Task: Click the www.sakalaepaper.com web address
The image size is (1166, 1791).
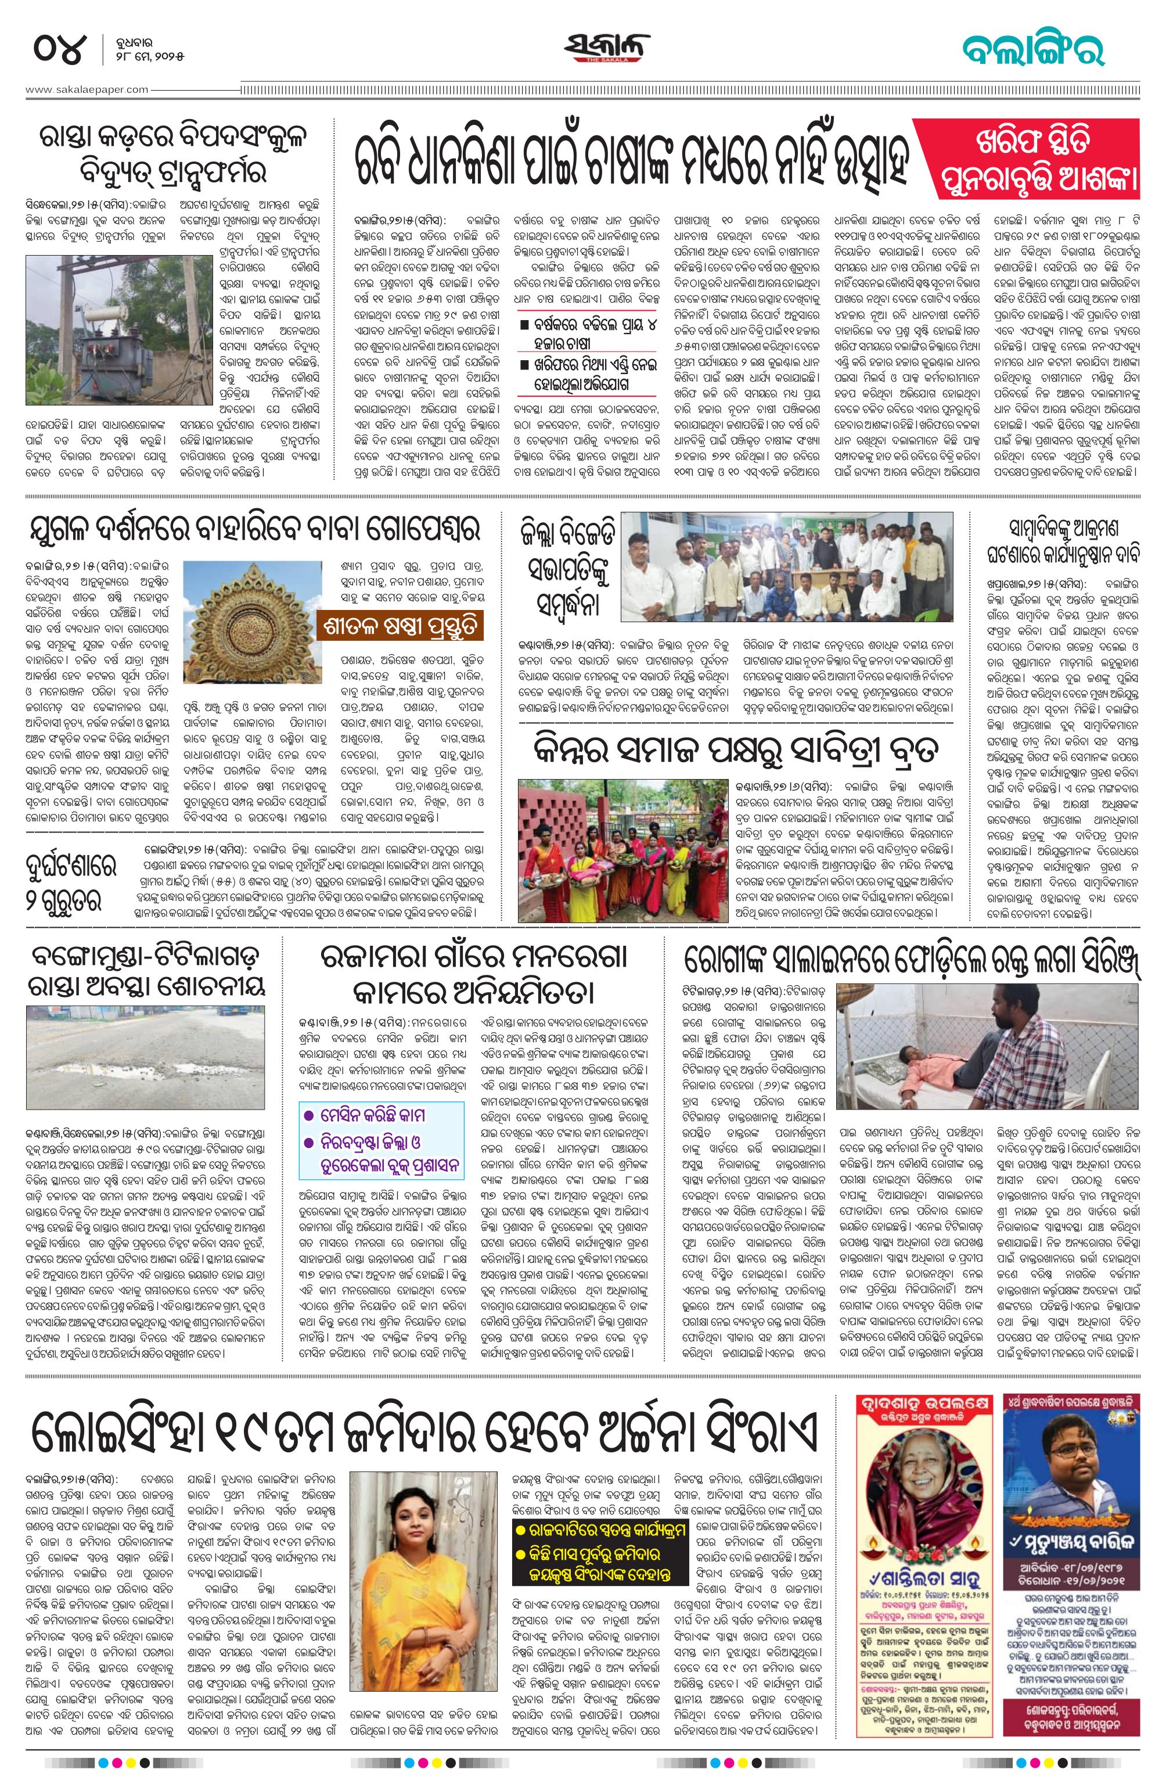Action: tap(87, 89)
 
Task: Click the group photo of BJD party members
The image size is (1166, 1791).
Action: tap(786, 574)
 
